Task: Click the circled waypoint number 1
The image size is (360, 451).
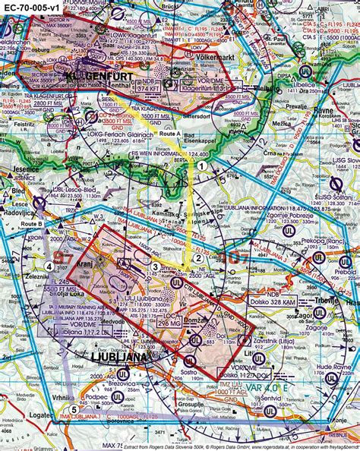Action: click(202, 165)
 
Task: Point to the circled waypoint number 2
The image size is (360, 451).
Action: click(197, 257)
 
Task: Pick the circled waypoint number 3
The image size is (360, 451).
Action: click(155, 266)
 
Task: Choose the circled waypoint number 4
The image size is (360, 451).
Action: click(49, 266)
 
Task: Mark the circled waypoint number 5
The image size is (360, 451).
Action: click(74, 410)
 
